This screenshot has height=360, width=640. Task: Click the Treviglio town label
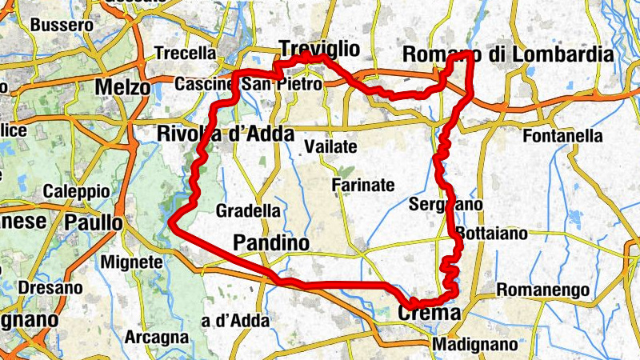pyautogui.click(x=319, y=49)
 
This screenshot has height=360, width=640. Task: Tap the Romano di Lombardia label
pyautogui.click(x=508, y=54)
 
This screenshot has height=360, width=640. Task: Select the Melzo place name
pyautogui.click(x=122, y=86)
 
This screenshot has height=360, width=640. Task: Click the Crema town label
pyautogui.click(x=429, y=313)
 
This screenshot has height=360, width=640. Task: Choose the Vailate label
pyautogui.click(x=330, y=147)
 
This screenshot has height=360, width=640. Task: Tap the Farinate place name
pyautogui.click(x=363, y=186)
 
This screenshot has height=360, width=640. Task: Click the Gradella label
pyautogui.click(x=249, y=211)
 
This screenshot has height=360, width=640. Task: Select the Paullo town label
pyautogui.click(x=94, y=222)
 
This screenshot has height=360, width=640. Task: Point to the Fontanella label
pyautogui.click(x=562, y=136)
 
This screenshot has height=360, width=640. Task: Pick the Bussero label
pyautogui.click(x=62, y=26)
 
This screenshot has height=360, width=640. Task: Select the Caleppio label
pyautogui.click(x=76, y=192)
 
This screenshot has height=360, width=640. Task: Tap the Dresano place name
pyautogui.click(x=50, y=287)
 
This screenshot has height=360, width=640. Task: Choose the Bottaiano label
pyautogui.click(x=491, y=234)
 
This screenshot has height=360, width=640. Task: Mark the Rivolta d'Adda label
pyautogui.click(x=226, y=134)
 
